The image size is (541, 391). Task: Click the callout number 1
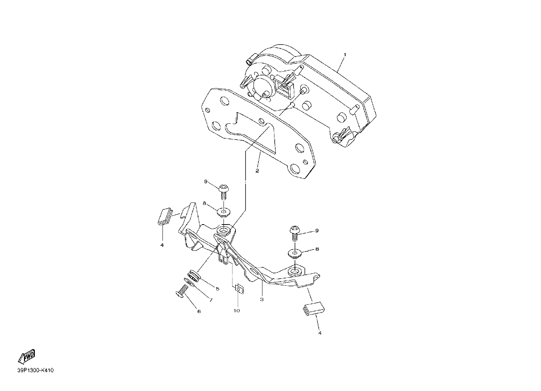coord(345,55)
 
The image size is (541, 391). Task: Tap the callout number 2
coord(257,171)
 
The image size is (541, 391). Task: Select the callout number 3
coord(262,300)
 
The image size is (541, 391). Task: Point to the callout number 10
coord(237,311)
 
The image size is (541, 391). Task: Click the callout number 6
coord(199,312)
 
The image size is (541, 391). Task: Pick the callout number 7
coord(211,300)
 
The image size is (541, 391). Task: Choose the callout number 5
coord(218,289)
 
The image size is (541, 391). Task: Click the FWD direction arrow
coord(27,357)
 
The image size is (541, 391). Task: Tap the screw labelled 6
coord(181,291)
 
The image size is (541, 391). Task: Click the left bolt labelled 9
coord(224,192)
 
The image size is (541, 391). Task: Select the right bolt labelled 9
coord(295,233)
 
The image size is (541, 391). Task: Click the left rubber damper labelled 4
coord(165,216)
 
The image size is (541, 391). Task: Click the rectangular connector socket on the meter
coord(283,87)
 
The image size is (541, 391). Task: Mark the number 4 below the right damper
coord(320,333)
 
